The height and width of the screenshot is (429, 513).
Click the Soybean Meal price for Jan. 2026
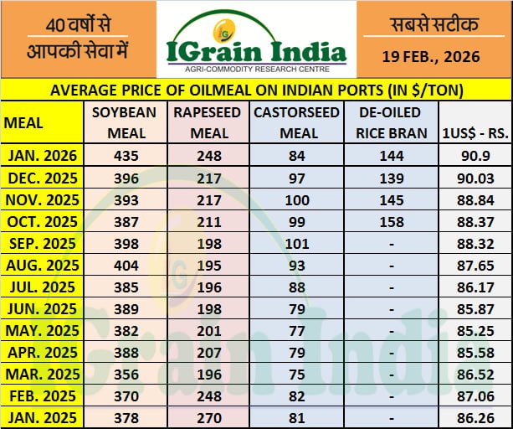[x=126, y=156]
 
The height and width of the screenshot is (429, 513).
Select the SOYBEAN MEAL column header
[x=126, y=122]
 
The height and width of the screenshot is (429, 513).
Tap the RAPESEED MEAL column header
[x=208, y=122]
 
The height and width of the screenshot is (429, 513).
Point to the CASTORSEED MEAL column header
[x=286, y=122]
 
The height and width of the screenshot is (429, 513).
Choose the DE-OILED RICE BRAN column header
[x=392, y=122]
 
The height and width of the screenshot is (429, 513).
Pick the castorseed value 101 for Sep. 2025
[x=286, y=244]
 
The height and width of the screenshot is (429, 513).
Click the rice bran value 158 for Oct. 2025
[x=392, y=221]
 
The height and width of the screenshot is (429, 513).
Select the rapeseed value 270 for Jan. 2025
[x=208, y=417]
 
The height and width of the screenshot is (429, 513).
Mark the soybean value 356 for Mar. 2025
[x=126, y=374]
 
